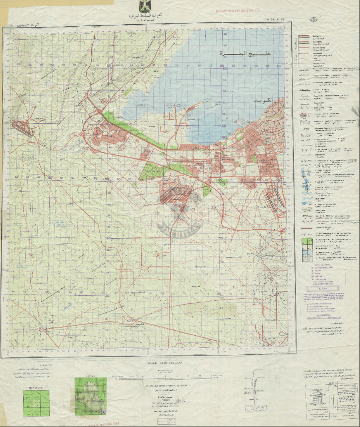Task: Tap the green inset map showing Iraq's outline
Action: coord(91,396)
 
